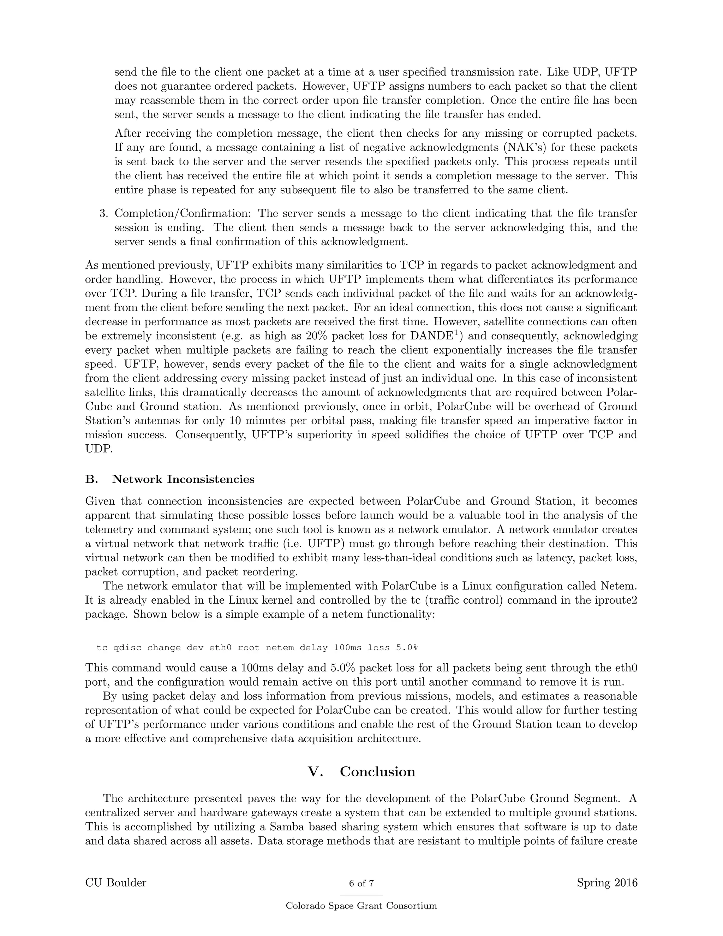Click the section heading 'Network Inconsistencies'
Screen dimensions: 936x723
pos(183,479)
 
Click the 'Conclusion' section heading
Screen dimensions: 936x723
pos(377,771)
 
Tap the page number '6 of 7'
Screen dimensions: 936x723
pos(361,883)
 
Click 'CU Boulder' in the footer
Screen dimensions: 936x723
pos(116,882)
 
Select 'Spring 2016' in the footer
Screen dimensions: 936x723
pos(607,882)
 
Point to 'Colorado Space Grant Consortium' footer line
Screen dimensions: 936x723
pos(361,906)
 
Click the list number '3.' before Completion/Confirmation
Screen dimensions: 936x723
pos(104,213)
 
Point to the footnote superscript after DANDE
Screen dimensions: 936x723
pos(459,333)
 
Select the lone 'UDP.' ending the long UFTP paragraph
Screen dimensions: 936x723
pos(98,449)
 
